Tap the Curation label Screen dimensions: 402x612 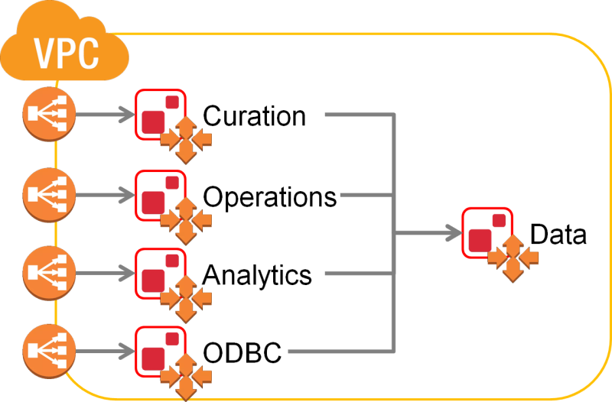click(254, 116)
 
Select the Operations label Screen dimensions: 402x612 click(269, 196)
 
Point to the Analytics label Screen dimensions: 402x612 click(257, 274)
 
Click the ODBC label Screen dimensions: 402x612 click(243, 353)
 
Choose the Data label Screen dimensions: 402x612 click(558, 235)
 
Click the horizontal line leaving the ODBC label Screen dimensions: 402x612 click(340, 353)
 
